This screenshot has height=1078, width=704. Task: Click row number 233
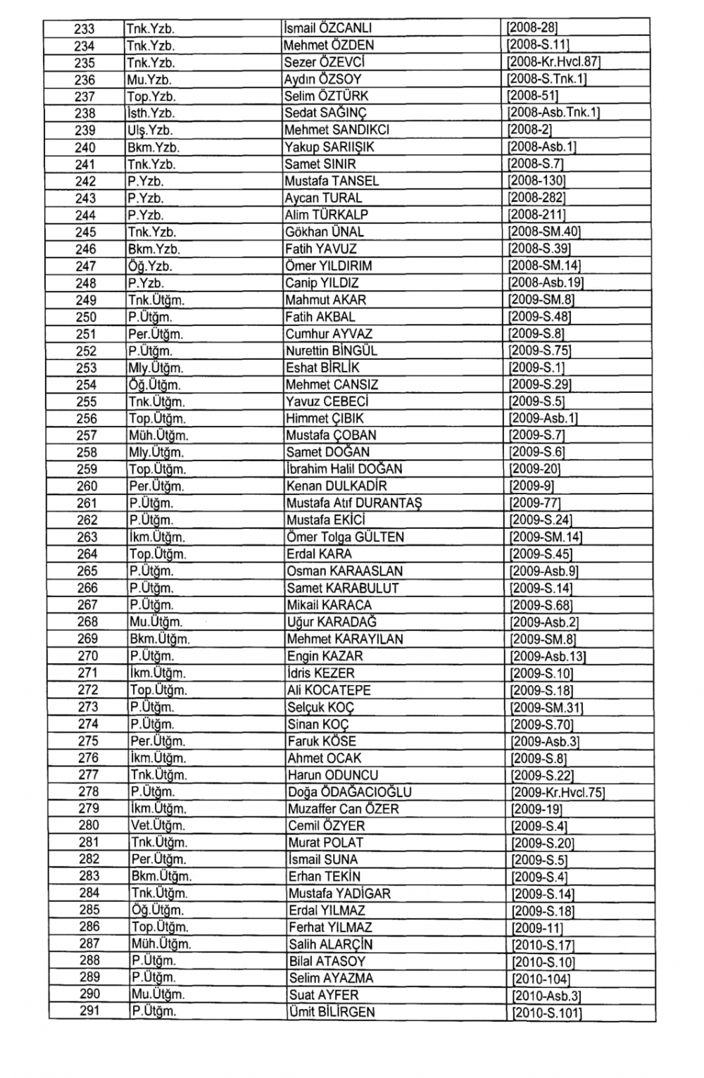click(84, 29)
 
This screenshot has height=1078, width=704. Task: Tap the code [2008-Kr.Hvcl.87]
click(553, 63)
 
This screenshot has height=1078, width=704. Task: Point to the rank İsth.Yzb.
click(151, 113)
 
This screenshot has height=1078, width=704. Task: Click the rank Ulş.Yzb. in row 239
click(150, 130)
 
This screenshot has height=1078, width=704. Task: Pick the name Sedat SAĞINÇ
click(325, 113)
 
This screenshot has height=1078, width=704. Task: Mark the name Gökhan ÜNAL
click(325, 232)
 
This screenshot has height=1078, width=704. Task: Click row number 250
click(86, 317)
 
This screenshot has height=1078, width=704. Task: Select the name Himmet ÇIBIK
click(325, 418)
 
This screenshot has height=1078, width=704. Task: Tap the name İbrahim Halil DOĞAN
click(344, 469)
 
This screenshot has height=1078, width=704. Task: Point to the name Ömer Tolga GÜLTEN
click(345, 537)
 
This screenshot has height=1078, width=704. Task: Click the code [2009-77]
click(535, 503)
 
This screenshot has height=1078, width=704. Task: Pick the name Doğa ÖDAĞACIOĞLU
click(349, 792)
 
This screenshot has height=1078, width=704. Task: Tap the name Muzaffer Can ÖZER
click(343, 809)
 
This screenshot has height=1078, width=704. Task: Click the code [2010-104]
click(541, 979)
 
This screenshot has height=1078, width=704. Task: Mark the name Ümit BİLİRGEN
click(332, 1013)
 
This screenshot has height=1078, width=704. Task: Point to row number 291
click(89, 1011)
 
